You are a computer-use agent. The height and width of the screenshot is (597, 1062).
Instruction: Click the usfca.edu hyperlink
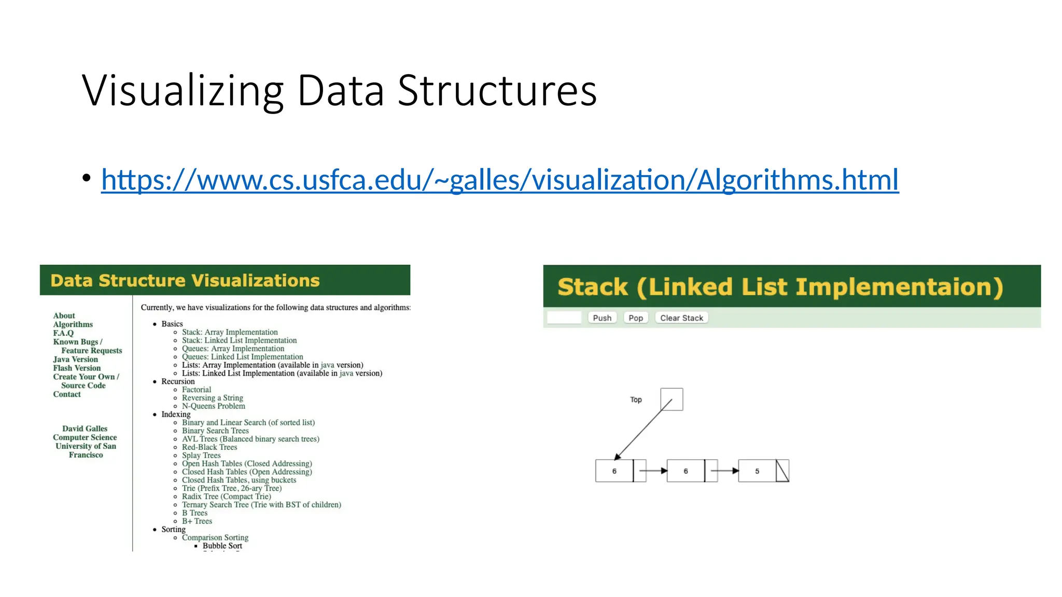499,180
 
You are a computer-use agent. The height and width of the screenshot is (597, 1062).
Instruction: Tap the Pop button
635,318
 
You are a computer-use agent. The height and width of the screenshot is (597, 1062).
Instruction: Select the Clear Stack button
681,318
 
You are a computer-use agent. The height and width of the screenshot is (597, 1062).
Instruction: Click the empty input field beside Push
564,318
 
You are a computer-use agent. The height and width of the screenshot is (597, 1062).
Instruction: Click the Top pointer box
672,399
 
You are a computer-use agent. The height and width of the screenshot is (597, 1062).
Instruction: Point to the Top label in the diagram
636,400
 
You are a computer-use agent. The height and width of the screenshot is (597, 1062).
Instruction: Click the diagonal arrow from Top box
642,430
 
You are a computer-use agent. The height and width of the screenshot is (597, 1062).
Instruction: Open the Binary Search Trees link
215,431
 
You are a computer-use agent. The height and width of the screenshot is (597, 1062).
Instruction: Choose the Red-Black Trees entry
209,447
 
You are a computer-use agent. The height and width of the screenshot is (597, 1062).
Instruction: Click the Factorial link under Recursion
197,390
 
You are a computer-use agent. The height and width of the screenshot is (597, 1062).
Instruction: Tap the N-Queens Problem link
213,406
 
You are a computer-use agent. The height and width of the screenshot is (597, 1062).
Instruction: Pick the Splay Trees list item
201,456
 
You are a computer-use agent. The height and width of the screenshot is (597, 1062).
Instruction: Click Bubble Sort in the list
222,546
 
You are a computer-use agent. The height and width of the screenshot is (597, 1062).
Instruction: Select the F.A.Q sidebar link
63,333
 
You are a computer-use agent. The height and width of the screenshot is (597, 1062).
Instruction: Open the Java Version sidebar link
75,359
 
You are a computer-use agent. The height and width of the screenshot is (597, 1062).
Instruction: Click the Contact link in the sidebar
67,394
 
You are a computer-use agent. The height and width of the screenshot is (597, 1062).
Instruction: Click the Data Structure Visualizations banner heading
185,280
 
